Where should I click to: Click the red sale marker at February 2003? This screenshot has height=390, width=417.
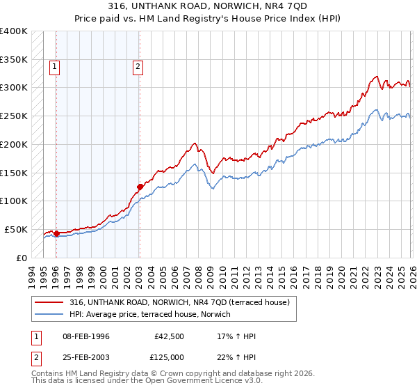pos(140,187)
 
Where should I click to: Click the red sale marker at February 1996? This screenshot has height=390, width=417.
pos(56,233)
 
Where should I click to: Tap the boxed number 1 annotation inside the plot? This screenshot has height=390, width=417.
pos(55,67)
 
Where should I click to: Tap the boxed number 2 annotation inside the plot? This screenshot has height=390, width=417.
pos(138,67)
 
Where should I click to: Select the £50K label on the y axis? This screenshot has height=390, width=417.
pos(16,229)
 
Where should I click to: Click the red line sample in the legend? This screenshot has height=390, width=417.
pos(49,302)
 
